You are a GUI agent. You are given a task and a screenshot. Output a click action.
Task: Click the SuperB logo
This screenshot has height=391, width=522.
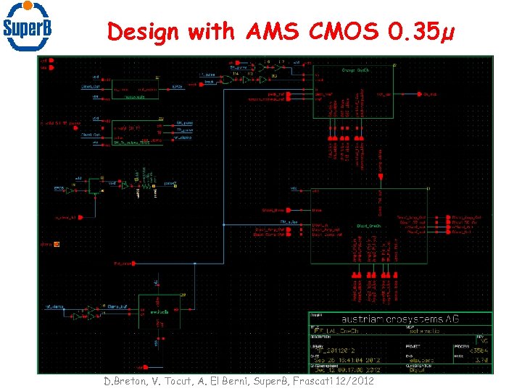(x=28, y=27)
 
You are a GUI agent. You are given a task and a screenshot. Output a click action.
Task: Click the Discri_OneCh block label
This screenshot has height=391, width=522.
(x=369, y=226)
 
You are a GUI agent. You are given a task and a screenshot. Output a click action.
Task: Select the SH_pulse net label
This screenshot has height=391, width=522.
(x=184, y=123)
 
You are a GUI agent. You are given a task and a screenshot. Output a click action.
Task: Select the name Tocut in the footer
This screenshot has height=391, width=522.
(x=173, y=381)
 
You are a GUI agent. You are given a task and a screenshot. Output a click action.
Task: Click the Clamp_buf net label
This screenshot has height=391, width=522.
(x=118, y=306)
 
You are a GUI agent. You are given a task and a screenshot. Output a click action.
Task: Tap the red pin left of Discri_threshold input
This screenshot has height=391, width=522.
(x=289, y=210)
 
